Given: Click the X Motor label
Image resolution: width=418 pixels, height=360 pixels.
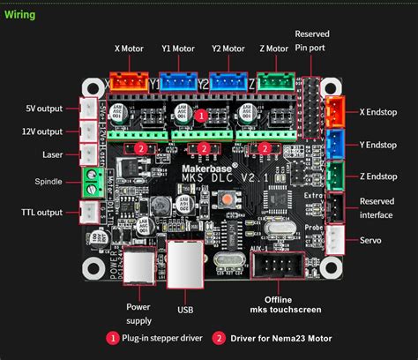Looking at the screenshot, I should (x=130, y=49).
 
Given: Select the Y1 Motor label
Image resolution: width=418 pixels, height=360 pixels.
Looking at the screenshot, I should (x=178, y=49).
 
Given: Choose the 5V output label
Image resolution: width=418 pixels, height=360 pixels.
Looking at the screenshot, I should (x=44, y=109).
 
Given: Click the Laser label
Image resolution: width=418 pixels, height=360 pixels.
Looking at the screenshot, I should (x=51, y=154).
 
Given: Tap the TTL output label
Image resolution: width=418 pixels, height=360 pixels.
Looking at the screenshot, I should (x=42, y=212).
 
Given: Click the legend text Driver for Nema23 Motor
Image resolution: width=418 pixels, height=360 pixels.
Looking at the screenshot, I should (x=282, y=337).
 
